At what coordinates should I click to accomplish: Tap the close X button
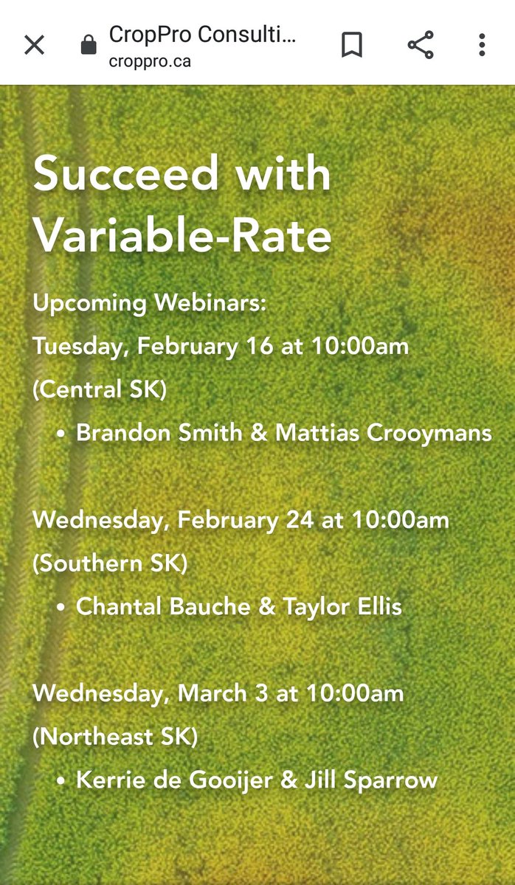click(35, 45)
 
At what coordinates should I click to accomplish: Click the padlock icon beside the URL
click(89, 46)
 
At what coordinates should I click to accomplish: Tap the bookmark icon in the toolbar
click(352, 45)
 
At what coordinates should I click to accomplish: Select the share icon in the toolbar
click(421, 45)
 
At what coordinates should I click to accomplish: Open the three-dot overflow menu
click(481, 45)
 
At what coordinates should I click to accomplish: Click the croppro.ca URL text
click(150, 61)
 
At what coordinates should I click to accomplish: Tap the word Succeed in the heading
click(126, 174)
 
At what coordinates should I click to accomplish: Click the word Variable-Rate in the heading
click(182, 236)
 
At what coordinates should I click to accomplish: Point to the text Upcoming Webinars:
click(149, 302)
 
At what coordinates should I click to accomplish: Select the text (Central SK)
click(100, 389)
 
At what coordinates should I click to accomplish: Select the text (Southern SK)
click(110, 563)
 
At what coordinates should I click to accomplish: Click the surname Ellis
click(376, 607)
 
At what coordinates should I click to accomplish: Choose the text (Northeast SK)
click(115, 737)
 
